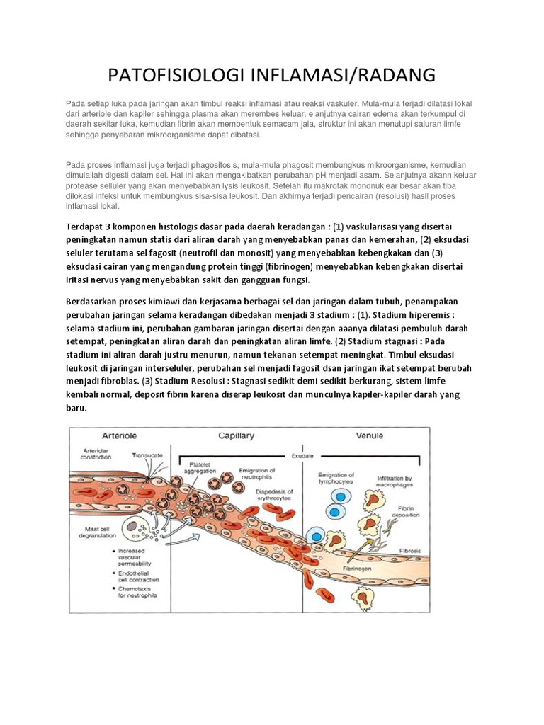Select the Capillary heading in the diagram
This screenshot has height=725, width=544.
[237, 437]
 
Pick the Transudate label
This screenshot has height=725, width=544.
[144, 455]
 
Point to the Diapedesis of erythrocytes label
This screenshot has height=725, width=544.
[276, 494]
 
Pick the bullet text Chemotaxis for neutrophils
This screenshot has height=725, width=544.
[132, 592]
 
